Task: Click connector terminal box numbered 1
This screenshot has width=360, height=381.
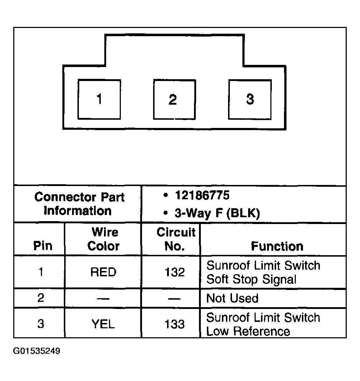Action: (99, 99)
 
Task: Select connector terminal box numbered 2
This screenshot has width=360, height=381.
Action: (175, 99)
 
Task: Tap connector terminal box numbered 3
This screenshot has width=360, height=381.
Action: (250, 99)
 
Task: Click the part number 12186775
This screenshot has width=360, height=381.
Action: (202, 195)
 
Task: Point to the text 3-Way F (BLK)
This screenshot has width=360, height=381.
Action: (217, 213)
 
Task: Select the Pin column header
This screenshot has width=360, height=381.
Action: (43, 246)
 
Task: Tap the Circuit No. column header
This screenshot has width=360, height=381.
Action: (176, 239)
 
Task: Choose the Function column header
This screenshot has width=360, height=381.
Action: (277, 246)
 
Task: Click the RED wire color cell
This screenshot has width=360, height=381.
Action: (103, 272)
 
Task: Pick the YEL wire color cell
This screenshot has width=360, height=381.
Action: (103, 324)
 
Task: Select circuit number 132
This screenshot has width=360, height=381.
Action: (175, 272)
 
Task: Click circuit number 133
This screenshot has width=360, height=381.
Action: (175, 324)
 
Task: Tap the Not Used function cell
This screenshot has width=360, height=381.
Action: (232, 298)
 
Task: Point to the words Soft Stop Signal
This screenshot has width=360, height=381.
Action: (251, 280)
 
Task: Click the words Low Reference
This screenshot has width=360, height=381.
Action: (248, 332)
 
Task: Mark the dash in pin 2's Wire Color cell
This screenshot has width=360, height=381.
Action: (103, 299)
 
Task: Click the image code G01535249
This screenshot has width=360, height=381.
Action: (37, 351)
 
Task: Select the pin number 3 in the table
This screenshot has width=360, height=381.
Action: (41, 324)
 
